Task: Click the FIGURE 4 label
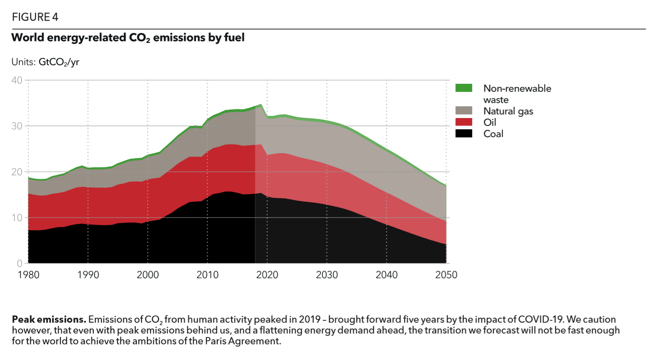coord(35,18)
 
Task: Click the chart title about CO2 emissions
coord(128,38)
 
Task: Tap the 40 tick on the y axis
coord(17,80)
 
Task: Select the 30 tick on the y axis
coord(17,126)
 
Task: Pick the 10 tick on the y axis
coord(17,218)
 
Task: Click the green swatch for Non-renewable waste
coord(464,88)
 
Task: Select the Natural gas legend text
coord(508,111)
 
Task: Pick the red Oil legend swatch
coord(464,122)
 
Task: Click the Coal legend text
coord(493,133)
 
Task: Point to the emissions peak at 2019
coord(261,105)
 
